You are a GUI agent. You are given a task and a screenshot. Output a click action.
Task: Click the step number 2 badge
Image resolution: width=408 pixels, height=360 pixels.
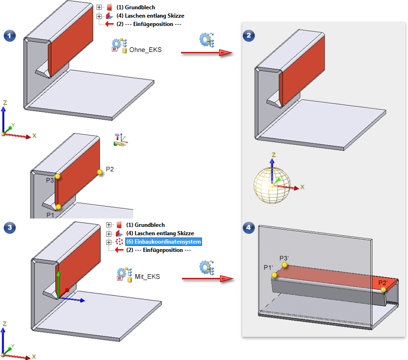coord(249,36)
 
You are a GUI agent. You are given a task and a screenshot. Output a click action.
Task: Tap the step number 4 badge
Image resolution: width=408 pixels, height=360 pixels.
coord(249,227)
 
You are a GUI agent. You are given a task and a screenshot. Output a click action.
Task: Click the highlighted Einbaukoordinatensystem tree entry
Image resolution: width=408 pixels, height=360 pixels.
coord(163,242)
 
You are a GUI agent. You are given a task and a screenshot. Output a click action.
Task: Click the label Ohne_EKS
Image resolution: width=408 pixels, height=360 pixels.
coord(146,50)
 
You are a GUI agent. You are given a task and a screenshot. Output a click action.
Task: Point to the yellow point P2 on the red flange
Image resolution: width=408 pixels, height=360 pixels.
coord(99,172)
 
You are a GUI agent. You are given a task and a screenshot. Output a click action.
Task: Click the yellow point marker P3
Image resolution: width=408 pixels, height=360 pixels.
coord(57,176)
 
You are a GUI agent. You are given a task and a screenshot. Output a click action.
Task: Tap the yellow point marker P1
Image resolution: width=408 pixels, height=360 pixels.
coord(58,206)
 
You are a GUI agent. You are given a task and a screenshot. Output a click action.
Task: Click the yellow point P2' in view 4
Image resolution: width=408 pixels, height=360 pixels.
coord(383,289)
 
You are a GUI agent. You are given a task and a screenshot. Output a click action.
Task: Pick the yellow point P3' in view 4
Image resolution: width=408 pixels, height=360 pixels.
coord(285,265)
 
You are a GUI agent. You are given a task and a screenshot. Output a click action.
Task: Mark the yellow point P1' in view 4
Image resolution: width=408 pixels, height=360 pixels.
coord(275,275)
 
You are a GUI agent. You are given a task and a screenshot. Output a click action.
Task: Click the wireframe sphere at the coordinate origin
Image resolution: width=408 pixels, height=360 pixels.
coord(271,185)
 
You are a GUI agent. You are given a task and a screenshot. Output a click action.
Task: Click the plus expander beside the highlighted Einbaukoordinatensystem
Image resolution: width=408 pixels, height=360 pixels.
coord(109,242)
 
